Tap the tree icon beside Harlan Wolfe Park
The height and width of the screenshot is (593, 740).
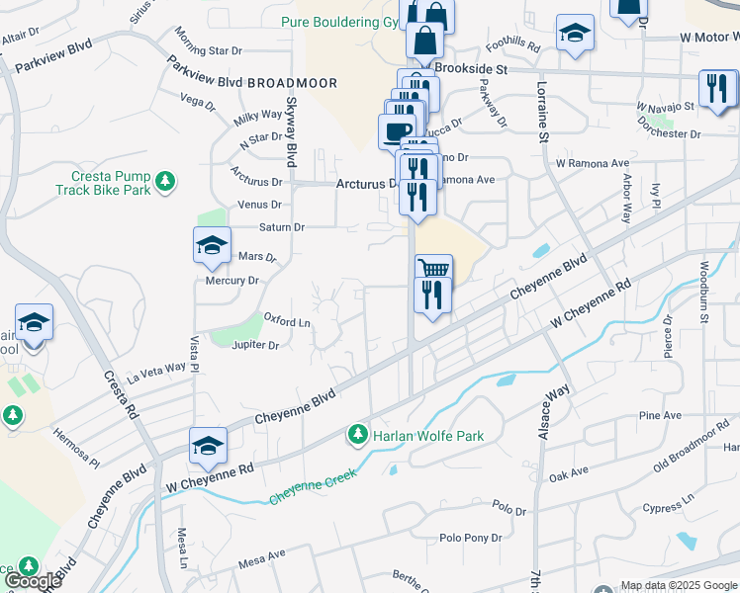pyautogui.click(x=357, y=434)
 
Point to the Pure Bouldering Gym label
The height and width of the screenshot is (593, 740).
pyautogui.click(x=336, y=21)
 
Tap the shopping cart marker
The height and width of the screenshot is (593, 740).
pyautogui.click(x=433, y=270)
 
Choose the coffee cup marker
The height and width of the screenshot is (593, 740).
pyautogui.click(x=398, y=131)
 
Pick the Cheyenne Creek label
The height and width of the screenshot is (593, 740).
pyautogui.click(x=309, y=484)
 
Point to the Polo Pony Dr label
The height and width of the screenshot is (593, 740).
pyautogui.click(x=471, y=538)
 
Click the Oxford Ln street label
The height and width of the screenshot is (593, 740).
pyautogui.click(x=287, y=320)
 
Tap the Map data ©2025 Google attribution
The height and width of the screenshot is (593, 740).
pyautogui.click(x=677, y=585)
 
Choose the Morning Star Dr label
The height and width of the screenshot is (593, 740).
pyautogui.click(x=209, y=49)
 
